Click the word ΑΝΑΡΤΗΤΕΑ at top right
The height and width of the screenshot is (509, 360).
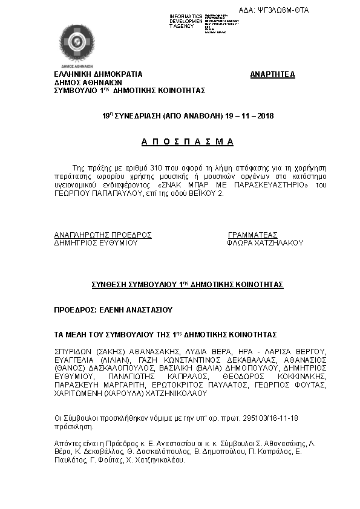coord(272,74)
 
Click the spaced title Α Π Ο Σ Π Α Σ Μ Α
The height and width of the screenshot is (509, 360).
coord(188,142)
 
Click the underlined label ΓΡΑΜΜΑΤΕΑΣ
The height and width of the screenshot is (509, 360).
coord(252,235)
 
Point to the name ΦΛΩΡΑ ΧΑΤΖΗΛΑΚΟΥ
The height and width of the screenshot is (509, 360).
coord(264,243)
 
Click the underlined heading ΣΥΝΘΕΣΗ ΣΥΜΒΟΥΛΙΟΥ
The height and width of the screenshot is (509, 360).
coord(187,284)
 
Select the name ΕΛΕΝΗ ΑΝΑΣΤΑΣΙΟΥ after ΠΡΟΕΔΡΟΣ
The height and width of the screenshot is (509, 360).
coord(135,310)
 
